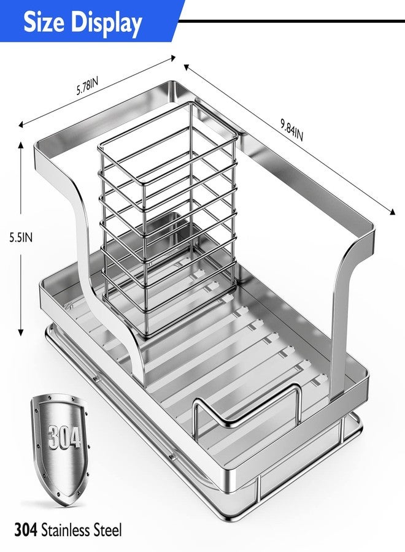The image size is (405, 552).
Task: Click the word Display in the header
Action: click(106, 23)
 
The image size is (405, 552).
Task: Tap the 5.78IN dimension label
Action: click(87, 86)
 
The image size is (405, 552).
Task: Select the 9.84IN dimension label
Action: click(292, 130)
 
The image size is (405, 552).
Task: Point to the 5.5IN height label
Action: click(21, 237)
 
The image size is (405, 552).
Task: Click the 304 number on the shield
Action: click(64, 437)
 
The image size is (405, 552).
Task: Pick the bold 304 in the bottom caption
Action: click(26, 529)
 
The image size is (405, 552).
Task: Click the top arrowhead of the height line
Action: click(21, 144)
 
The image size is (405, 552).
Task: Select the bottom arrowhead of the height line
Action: click(21, 332)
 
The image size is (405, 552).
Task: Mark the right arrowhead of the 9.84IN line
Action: click(392, 212)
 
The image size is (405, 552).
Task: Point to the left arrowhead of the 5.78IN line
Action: click(21, 124)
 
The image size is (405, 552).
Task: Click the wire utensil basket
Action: click(168, 218)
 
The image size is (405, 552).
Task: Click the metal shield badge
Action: click(60, 449)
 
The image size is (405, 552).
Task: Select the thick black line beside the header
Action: click(291, 21)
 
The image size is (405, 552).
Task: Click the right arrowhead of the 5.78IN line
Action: click(172, 58)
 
